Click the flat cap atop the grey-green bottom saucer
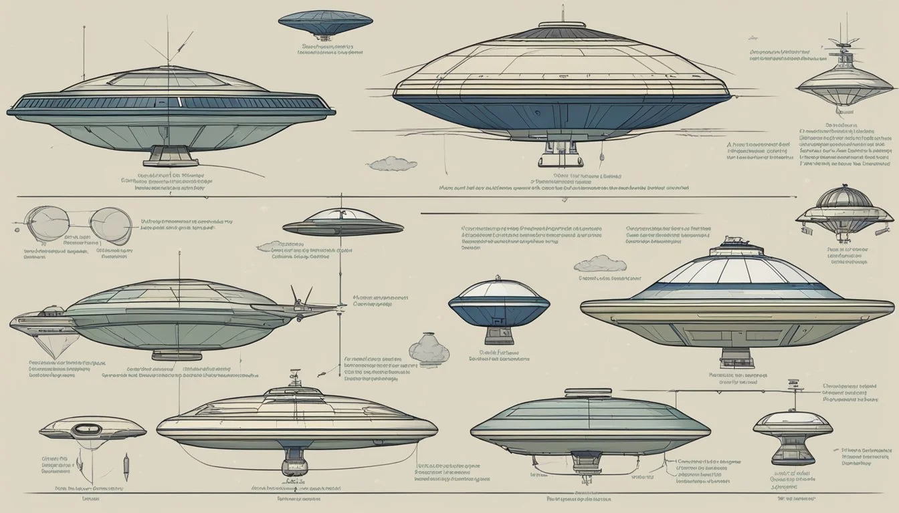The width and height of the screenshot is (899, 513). (x=587, y=393)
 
